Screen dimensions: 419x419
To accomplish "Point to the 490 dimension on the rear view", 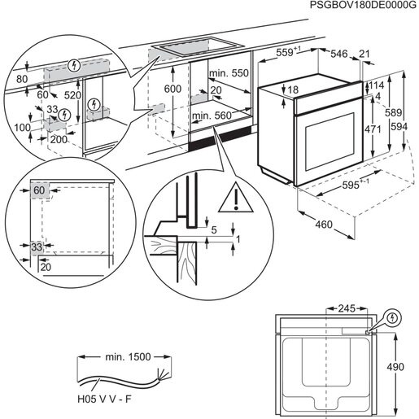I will click(395, 367).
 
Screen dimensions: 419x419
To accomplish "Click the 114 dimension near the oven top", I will click(377, 85).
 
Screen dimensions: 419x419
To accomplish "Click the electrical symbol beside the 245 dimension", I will click(394, 316).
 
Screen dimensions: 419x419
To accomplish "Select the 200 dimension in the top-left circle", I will click(58, 140).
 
